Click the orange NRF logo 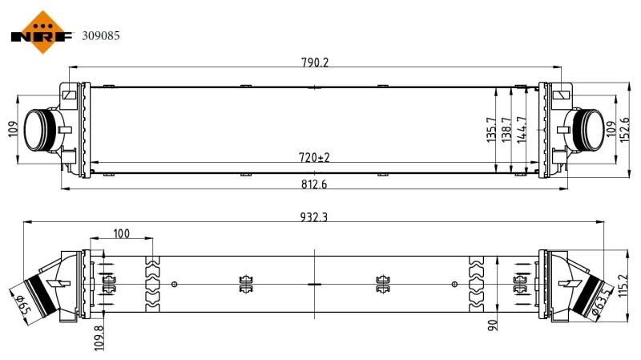coord(42,33)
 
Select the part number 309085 coord(101,36)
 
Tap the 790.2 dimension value coord(315,63)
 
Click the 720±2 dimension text coord(314,157)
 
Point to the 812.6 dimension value coord(314,184)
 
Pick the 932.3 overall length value coord(314,216)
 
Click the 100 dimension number coord(122,233)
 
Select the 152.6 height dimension coord(625,130)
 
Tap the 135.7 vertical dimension coord(491,130)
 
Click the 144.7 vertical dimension coord(522,130)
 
